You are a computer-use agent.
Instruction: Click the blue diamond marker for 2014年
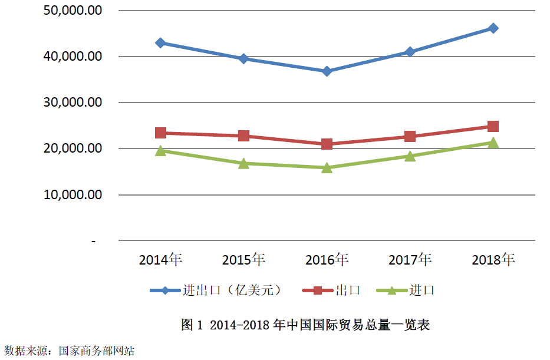(x=160, y=43)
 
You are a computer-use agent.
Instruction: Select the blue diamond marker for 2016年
(x=327, y=71)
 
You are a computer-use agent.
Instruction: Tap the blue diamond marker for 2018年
(x=493, y=28)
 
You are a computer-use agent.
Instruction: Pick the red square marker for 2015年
(x=243, y=136)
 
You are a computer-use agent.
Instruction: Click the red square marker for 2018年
(x=493, y=126)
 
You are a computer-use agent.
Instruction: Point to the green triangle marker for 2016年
(x=327, y=167)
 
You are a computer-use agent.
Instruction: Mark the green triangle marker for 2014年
(x=160, y=150)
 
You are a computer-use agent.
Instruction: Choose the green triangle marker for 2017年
(x=410, y=156)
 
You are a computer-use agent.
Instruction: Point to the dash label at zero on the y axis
(x=94, y=240)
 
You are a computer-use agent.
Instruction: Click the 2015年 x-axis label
(x=243, y=260)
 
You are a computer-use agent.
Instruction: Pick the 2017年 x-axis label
(x=410, y=260)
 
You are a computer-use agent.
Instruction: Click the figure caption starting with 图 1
(x=305, y=325)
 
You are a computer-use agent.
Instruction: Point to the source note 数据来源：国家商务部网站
(x=70, y=351)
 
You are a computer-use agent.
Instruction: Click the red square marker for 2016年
(x=327, y=144)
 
